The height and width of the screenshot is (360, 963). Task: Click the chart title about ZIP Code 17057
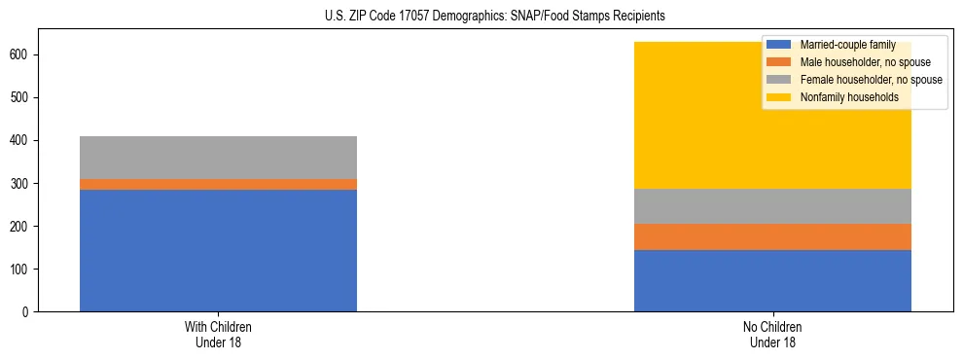click(x=495, y=17)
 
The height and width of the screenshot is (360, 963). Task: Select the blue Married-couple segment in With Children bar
click(x=218, y=250)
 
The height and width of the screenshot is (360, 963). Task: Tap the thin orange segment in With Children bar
click(x=218, y=184)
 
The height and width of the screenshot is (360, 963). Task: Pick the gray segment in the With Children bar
click(x=218, y=158)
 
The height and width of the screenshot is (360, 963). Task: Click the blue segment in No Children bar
click(x=772, y=280)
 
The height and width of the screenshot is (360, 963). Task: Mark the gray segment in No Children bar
click(x=772, y=206)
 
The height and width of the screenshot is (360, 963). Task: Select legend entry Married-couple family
click(x=839, y=45)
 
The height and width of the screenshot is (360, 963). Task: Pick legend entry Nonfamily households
click(x=841, y=97)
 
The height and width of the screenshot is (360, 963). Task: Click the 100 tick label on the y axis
click(x=20, y=270)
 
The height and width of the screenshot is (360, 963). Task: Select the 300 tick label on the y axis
click(x=20, y=184)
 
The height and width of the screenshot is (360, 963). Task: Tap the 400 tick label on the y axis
click(x=20, y=141)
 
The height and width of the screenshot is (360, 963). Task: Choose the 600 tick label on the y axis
click(x=20, y=55)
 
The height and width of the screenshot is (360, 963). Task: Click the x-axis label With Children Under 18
click(x=218, y=335)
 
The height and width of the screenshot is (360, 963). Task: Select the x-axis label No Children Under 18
click(x=772, y=335)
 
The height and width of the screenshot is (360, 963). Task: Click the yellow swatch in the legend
click(x=779, y=97)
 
